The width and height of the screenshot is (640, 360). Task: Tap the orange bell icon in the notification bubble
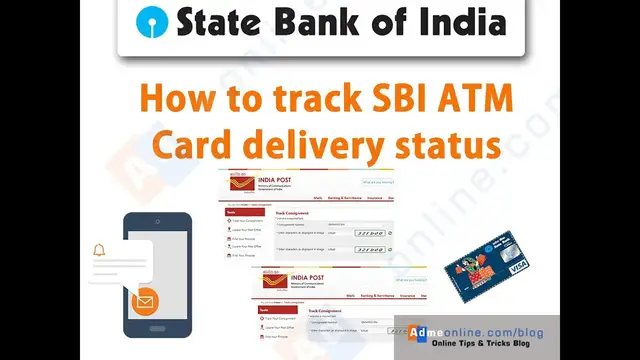99,250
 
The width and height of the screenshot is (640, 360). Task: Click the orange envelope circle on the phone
145,299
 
